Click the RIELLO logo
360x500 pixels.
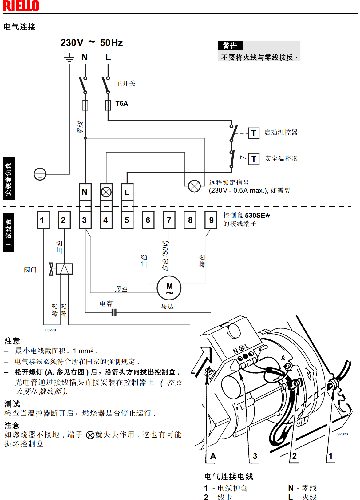(x=21, y=6)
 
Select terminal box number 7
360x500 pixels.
(x=169, y=220)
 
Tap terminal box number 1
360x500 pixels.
(x=43, y=220)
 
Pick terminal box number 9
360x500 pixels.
(x=211, y=220)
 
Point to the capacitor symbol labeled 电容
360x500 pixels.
(x=114, y=312)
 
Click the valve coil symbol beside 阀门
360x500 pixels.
(x=64, y=269)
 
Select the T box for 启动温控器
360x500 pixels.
(x=254, y=133)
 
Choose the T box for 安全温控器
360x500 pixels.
(x=254, y=159)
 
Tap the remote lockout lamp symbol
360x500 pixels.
(x=194, y=186)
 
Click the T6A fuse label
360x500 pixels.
(x=122, y=104)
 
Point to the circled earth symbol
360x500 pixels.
(x=40, y=174)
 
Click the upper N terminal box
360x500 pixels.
(x=85, y=192)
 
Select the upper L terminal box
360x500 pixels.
(x=127, y=192)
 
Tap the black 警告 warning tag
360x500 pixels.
(x=230, y=46)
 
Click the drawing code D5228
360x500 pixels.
(x=50, y=330)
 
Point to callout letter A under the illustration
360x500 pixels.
(x=213, y=456)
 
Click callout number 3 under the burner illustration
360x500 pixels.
(x=255, y=456)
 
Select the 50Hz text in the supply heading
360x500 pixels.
(x=111, y=43)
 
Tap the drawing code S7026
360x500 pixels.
(x=342, y=434)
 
